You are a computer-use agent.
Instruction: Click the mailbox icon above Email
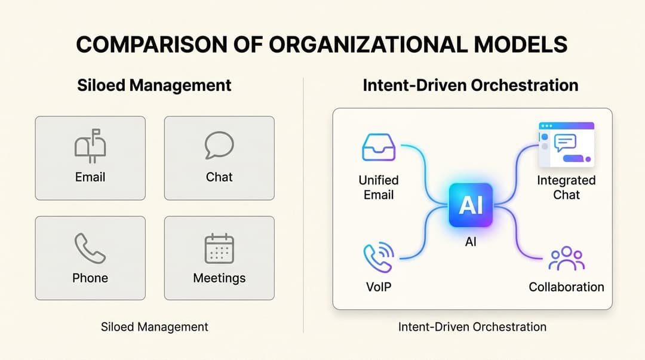point(90,146)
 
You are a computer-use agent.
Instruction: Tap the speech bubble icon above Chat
point(219,145)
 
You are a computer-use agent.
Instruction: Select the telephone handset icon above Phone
point(90,248)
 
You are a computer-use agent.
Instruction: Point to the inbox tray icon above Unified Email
point(379,148)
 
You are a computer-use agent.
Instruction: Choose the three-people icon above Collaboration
point(566,259)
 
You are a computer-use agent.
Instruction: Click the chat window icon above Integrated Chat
point(566,144)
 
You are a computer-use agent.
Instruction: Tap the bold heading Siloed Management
point(154,85)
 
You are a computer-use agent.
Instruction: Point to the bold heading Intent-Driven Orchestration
point(471,85)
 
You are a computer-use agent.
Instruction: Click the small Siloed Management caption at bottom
point(155,327)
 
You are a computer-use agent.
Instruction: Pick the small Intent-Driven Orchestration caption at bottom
point(472,327)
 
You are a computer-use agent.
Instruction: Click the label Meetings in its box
point(219,278)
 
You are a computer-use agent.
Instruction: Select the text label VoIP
point(379,287)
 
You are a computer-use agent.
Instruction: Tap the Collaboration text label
point(566,287)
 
